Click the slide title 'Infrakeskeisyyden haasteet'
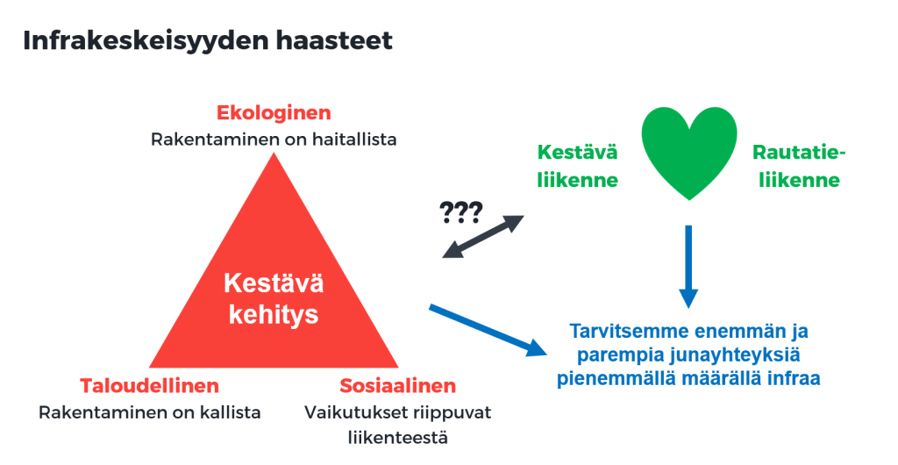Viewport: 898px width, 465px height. tap(208, 41)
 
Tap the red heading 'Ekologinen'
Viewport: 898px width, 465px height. tap(274, 113)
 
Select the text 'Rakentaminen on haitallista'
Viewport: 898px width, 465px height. tap(274, 139)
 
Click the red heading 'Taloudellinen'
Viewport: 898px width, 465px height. tap(149, 385)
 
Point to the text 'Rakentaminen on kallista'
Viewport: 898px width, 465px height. tap(149, 412)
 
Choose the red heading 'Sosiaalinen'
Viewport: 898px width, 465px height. tap(398, 385)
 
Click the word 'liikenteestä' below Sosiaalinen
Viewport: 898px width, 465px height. tap(398, 438)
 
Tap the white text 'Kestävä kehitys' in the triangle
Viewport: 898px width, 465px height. tap(274, 298)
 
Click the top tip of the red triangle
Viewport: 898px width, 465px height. tap(274, 153)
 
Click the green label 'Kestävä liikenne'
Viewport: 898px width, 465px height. tap(577, 166)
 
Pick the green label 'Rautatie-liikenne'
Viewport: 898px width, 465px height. tap(799, 166)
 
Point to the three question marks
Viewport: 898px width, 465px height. tap(461, 212)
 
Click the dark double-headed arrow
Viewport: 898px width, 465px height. tap(483, 237)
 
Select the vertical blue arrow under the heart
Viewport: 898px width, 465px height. tap(688, 267)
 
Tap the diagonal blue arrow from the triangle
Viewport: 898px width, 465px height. tap(489, 331)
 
